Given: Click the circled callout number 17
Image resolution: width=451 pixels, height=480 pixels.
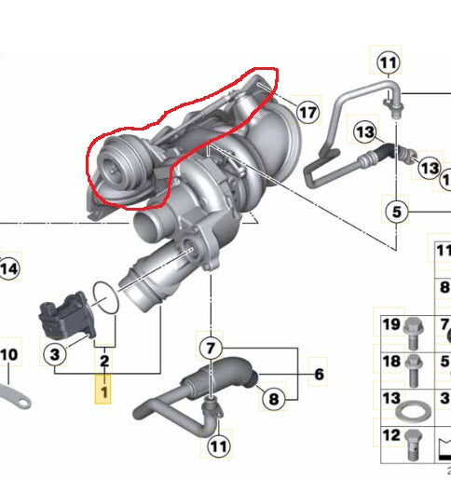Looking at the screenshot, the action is pos(307,113).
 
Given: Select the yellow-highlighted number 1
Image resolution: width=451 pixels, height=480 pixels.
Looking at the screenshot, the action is pos(103,392).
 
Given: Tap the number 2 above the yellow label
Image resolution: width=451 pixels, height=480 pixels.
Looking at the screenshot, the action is pos(104,361).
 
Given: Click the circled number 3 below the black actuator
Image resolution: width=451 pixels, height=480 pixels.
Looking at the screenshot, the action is pos(55,354).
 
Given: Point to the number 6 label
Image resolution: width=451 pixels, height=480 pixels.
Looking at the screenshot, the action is pos(319,374).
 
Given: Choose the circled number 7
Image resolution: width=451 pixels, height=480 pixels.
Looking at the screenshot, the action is pos(211,348).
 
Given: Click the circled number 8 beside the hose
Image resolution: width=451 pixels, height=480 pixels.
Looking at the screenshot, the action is pos(274,399).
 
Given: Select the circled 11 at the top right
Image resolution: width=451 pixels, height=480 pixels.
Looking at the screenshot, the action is pos(389,62).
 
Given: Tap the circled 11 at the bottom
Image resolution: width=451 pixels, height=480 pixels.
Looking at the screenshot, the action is pos(219,446).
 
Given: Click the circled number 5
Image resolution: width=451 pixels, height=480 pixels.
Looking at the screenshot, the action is pos(397,212).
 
